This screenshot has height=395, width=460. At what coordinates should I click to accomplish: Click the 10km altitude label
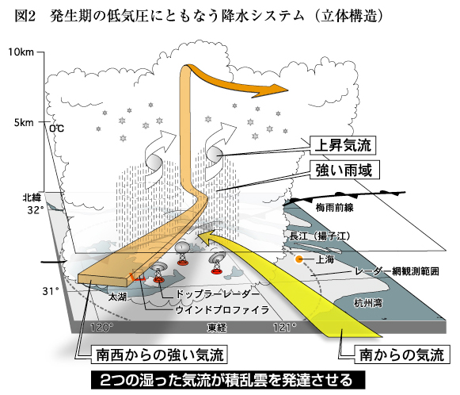click(21, 52)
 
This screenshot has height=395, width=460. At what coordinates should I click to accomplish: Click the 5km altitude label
click(24, 122)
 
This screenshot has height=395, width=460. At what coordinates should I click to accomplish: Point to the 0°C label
click(56, 128)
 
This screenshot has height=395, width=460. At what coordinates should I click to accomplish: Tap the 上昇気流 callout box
click(343, 145)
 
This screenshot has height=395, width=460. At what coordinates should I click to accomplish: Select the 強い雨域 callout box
click(344, 170)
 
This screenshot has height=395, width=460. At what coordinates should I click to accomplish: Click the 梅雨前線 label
click(334, 208)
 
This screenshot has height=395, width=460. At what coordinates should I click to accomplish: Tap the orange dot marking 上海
click(299, 259)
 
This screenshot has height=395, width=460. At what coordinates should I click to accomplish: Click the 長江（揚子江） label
click(320, 236)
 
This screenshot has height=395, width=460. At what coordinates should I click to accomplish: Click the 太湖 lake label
click(117, 297)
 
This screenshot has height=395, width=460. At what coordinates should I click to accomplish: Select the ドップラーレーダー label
click(218, 293)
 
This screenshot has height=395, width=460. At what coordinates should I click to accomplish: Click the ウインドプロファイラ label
click(222, 310)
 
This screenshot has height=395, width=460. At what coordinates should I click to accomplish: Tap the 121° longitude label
click(284, 327)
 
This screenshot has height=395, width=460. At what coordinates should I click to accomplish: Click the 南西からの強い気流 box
click(159, 355)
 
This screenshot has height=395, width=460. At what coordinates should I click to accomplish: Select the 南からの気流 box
click(402, 355)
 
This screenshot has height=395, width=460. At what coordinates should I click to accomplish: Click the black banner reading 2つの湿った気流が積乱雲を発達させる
click(228, 380)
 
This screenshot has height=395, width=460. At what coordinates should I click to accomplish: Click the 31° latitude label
click(51, 291)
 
